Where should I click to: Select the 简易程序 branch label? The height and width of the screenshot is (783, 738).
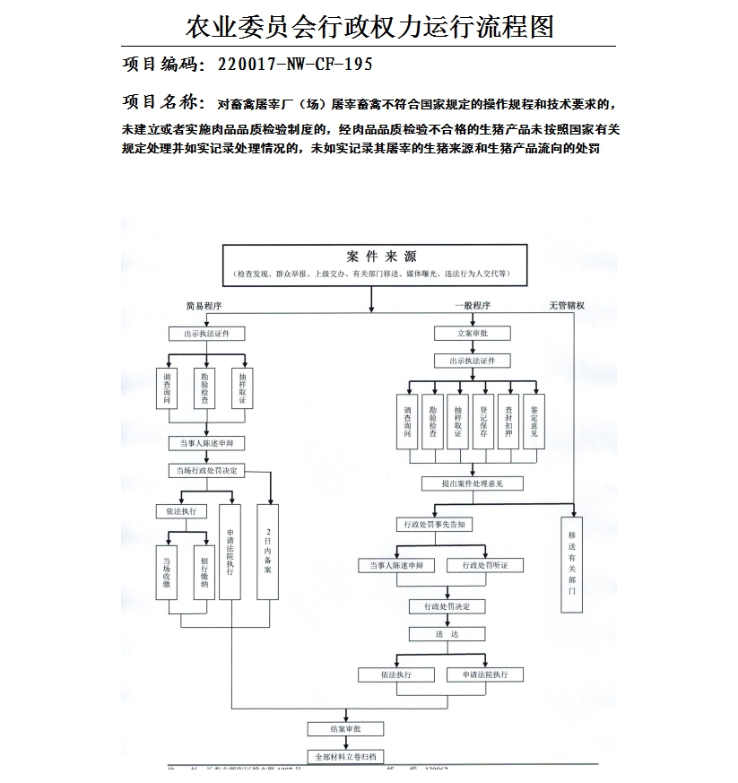click(204, 306)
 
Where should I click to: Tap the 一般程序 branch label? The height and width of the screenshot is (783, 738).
click(472, 306)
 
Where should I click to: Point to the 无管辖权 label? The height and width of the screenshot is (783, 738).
click(567, 306)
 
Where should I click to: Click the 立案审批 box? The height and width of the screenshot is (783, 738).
click(472, 334)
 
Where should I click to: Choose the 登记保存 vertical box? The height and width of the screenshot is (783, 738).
click(483, 421)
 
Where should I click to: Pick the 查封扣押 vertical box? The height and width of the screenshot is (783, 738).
click(508, 421)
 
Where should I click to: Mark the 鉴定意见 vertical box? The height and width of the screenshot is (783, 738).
click(534, 421)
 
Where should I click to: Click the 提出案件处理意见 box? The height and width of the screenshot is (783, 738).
click(472, 483)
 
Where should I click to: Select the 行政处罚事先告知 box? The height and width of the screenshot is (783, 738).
click(434, 525)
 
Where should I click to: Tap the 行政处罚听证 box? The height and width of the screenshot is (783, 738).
click(485, 566)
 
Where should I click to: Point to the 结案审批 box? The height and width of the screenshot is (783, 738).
click(345, 728)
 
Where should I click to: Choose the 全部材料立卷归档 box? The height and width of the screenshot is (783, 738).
click(345, 756)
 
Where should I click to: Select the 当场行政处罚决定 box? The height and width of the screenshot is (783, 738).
click(206, 470)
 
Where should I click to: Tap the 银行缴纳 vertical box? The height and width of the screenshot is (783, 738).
click(204, 571)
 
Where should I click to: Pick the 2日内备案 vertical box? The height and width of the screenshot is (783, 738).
click(268, 551)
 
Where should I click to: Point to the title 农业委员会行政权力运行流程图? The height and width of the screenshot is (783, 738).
click(369, 26)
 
